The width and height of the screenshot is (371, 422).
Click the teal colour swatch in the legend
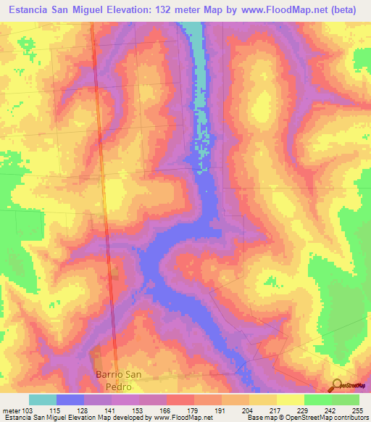point(43,400)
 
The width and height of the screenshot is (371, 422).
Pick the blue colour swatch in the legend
point(70,400)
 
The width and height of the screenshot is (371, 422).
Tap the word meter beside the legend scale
point(10,410)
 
